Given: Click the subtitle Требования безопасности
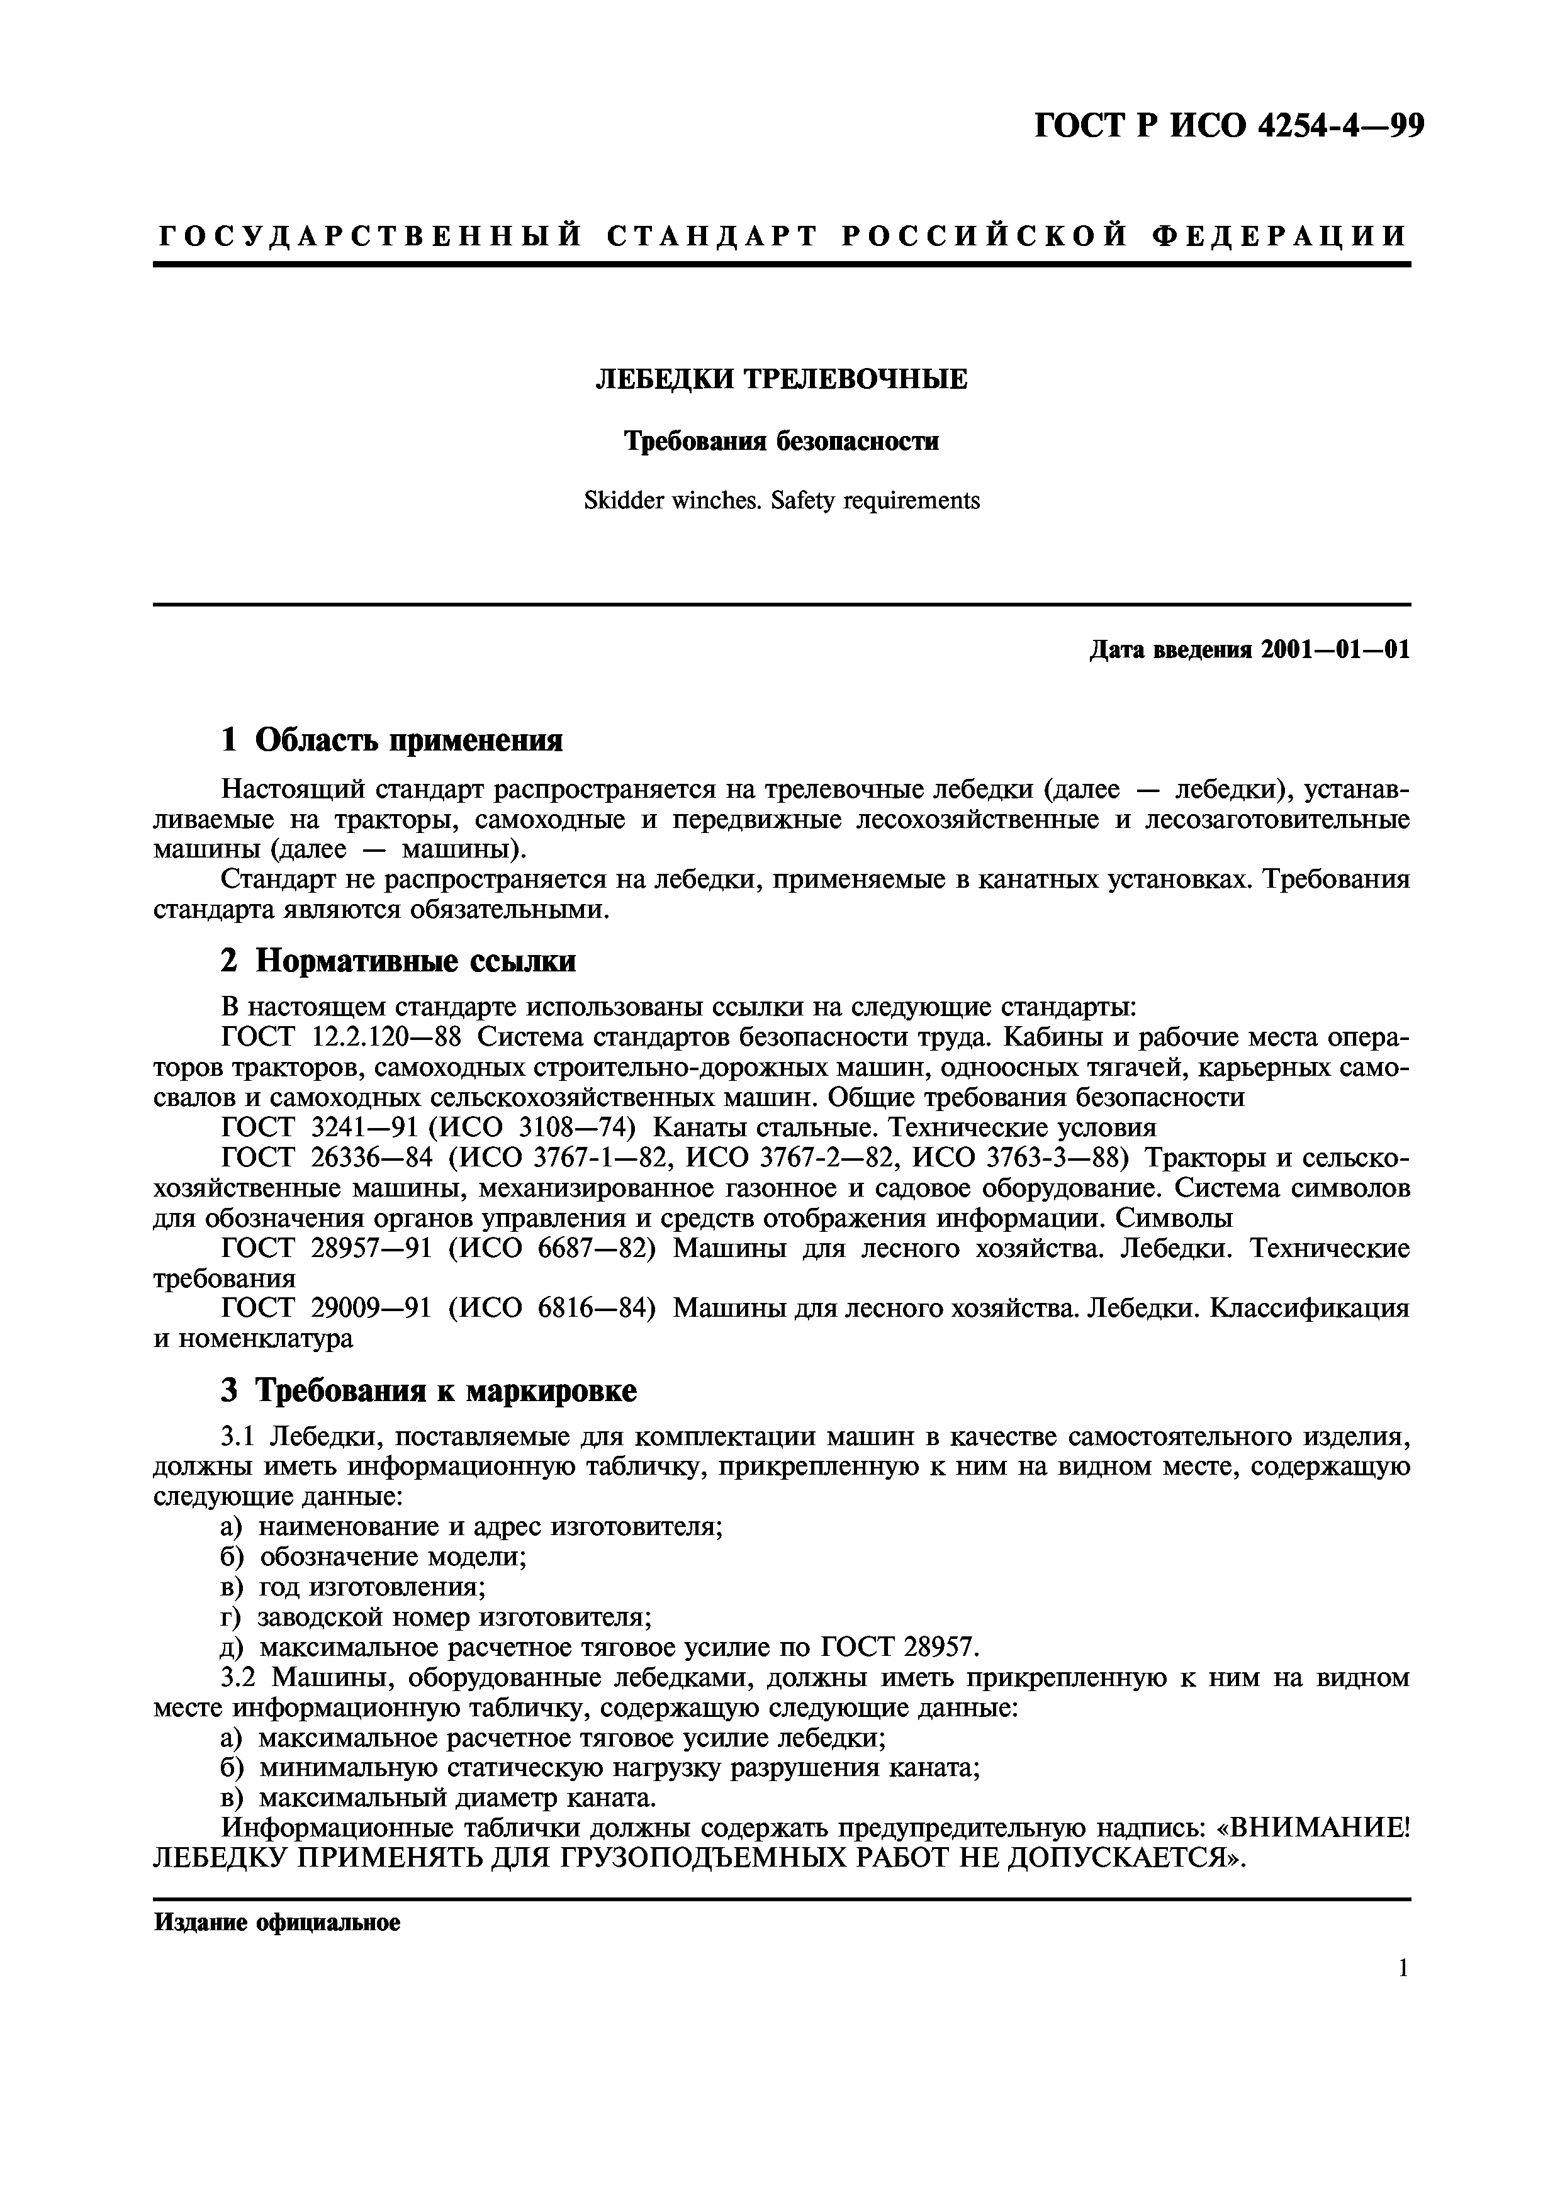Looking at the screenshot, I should click(x=782, y=440).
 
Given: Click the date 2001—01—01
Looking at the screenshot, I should click(x=1335, y=650).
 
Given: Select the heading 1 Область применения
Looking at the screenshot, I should click(x=391, y=740).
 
